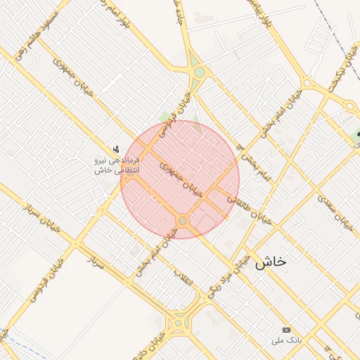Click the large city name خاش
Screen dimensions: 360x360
point(271,262)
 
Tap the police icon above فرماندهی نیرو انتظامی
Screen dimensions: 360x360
point(116,149)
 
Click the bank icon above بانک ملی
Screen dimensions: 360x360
point(286,330)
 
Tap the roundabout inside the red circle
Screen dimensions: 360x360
point(183,221)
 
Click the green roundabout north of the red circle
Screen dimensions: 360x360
point(199,72)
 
